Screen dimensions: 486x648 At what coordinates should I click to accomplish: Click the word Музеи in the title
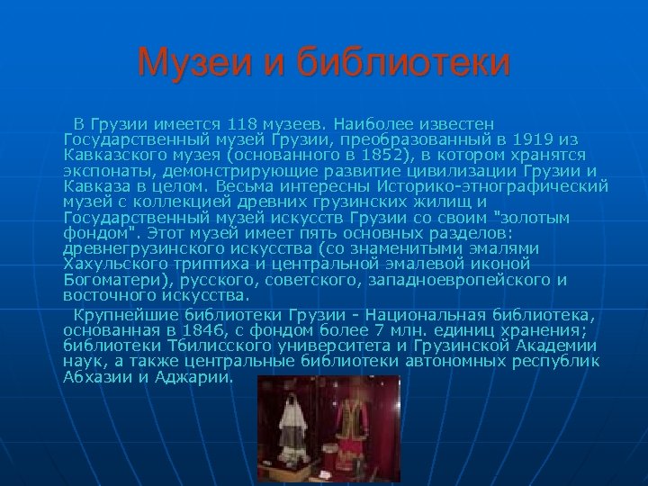(187, 63)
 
